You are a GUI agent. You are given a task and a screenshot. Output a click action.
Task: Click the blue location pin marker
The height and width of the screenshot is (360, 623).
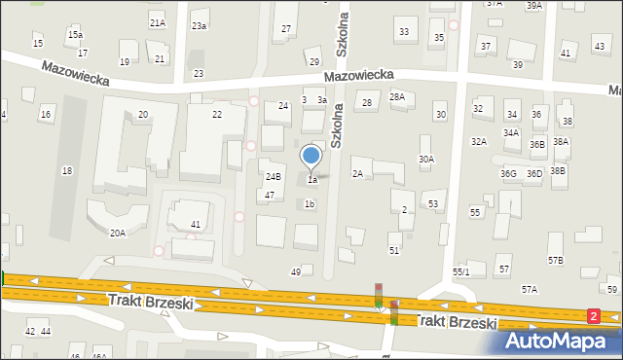click(311, 157)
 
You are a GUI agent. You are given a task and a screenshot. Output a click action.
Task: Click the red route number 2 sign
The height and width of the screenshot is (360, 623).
click(594, 316)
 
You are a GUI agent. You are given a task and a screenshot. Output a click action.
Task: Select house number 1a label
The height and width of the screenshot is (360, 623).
click(311, 180)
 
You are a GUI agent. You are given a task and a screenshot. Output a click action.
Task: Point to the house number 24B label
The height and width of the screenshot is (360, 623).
click(274, 177)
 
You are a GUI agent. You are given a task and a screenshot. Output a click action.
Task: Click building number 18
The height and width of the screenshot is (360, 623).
click(66, 171)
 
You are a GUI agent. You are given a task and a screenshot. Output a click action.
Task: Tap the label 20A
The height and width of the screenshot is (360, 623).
click(117, 234)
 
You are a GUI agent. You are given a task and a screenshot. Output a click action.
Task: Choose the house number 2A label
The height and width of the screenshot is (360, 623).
click(357, 174)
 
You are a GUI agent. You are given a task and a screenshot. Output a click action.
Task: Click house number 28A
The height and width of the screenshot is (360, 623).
click(397, 96)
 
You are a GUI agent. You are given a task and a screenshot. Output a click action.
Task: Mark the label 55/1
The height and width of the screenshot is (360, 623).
click(460, 272)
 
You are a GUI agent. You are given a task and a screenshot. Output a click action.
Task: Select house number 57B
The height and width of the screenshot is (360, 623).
click(555, 261)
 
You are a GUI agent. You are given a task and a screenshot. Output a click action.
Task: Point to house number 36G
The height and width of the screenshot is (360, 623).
click(508, 174)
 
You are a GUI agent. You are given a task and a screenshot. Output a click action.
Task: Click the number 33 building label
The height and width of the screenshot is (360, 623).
click(403, 33)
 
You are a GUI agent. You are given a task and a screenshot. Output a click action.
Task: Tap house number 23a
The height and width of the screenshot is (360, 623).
click(199, 25)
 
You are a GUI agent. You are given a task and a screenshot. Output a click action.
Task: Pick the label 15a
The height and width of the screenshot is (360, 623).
click(75, 35)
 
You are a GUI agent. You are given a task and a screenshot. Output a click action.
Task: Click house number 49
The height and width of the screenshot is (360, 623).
click(296, 272)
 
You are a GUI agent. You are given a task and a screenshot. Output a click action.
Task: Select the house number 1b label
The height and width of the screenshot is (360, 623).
click(310, 204)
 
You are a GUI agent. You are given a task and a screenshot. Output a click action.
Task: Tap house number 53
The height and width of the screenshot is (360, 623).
click(433, 203)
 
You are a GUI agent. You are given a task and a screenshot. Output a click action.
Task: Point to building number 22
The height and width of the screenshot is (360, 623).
click(216, 115)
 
